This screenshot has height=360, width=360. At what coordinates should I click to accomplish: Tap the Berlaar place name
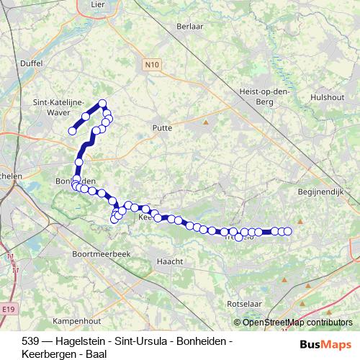tap(188, 27)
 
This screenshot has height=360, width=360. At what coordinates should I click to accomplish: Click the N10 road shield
tap(150, 66)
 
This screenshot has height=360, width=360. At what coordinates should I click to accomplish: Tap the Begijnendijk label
tap(323, 192)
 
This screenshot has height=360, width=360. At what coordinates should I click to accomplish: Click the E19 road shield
tap(8, 309)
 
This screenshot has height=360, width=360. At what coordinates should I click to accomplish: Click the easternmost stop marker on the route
tap(287, 231)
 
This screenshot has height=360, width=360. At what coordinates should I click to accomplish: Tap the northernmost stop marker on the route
tap(103, 104)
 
